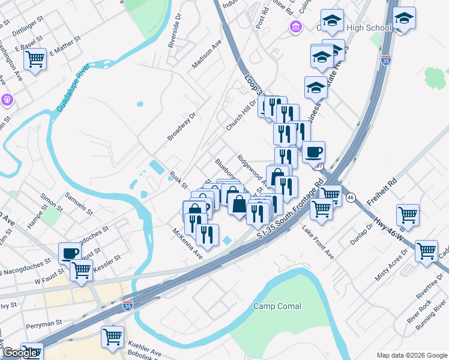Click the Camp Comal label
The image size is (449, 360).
click(277, 306)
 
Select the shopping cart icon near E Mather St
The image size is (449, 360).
click(35, 59)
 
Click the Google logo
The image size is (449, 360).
click(20, 353)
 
